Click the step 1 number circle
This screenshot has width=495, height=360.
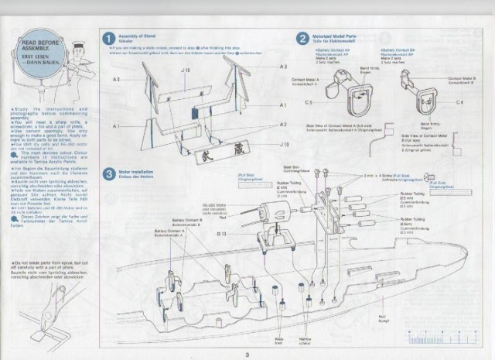[110, 38]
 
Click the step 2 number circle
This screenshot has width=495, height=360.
[303, 38]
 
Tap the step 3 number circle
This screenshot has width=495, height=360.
[110, 171]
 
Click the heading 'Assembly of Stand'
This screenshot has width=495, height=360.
[138, 36]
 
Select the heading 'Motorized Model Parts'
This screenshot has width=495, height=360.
[334, 35]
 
